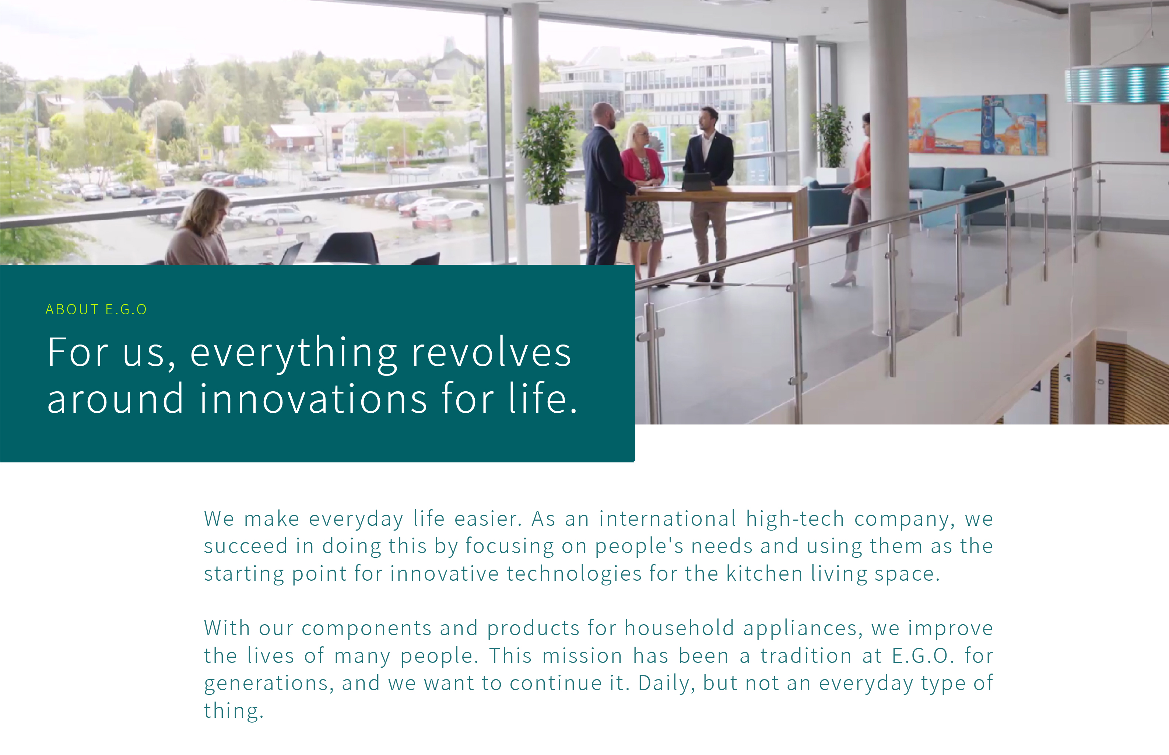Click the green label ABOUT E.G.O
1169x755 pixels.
tap(96, 310)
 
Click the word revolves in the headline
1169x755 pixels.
tap(491, 353)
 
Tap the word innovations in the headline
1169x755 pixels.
tap(313, 399)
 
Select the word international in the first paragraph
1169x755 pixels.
tap(667, 519)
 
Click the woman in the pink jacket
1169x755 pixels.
tap(642, 196)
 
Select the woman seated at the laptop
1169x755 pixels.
tap(201, 228)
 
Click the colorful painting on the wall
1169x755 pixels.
tap(977, 125)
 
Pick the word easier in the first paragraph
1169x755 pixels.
tap(488, 519)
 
